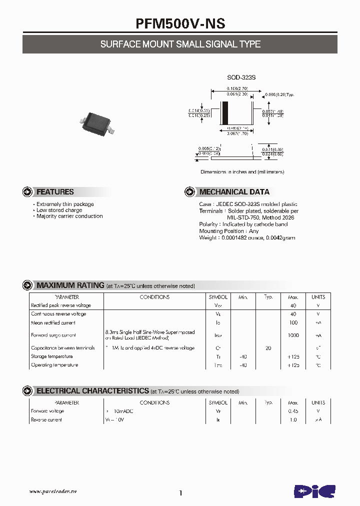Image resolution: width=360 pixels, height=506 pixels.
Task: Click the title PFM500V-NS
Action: [180, 24]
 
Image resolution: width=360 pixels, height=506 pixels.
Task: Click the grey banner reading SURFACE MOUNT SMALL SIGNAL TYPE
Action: [180, 44]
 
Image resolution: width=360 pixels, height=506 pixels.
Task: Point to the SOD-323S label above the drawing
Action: [241, 77]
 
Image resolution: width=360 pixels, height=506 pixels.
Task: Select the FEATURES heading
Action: [55, 192]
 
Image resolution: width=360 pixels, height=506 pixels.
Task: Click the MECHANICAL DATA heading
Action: [234, 192]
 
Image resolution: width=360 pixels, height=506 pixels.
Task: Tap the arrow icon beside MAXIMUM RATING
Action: [27, 285]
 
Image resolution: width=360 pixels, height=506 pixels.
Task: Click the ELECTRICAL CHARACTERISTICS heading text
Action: [93, 391]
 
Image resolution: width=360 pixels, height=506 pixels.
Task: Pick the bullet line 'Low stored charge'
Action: [59, 210]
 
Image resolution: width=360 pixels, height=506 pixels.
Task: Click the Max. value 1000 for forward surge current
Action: [293, 335]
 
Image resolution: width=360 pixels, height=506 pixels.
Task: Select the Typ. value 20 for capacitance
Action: [268, 348]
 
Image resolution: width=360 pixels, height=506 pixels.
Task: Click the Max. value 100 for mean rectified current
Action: [293, 323]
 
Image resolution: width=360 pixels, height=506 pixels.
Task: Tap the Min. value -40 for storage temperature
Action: [243, 356]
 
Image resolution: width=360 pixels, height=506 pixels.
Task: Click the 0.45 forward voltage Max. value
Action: [293, 411]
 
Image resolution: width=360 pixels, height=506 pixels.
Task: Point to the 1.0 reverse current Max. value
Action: [293, 420]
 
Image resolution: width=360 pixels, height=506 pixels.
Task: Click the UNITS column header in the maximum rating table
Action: [318, 297]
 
